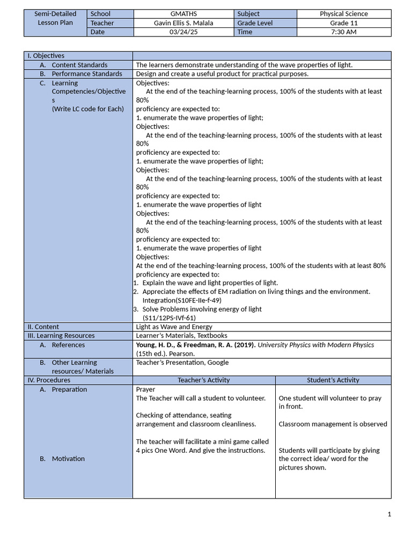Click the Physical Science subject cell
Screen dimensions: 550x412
tap(343, 14)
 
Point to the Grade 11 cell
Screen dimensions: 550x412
tap(343, 23)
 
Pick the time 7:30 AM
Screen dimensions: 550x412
tap(343, 32)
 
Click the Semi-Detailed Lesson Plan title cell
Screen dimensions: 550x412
tap(55, 18)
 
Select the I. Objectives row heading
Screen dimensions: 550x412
tap(46, 56)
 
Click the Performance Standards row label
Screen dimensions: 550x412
tap(87, 74)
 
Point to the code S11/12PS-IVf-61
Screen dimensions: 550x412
tap(169, 318)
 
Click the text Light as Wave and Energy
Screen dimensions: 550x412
tap(174, 327)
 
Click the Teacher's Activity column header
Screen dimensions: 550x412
tap(204, 380)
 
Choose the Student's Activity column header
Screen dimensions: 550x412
tap(333, 380)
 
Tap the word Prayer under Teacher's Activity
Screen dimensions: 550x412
tap(145, 389)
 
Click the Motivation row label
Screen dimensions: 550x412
tap(68, 459)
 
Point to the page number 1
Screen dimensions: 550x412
tap(389, 515)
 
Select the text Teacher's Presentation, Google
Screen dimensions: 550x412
tap(182, 363)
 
